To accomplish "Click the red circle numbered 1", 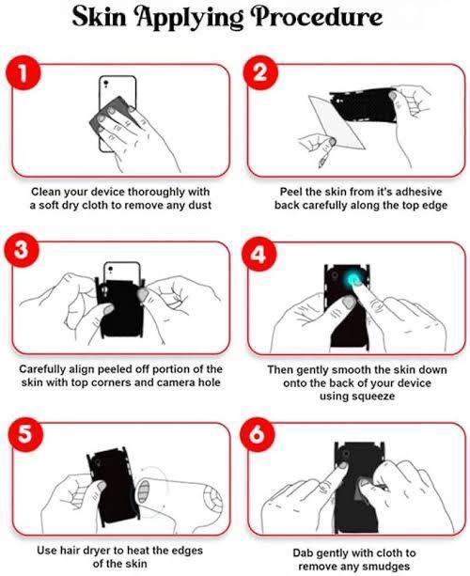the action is click(x=23, y=72).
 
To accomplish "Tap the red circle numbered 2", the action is click(x=260, y=72).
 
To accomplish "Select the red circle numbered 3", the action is click(x=21, y=250).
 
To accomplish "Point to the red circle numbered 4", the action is click(x=258, y=254).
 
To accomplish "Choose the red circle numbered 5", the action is click(x=25, y=434).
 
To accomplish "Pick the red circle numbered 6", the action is click(x=258, y=434).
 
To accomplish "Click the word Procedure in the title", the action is click(x=318, y=17).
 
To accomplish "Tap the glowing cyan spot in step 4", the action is click(x=352, y=281).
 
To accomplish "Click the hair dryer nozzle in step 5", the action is click(x=143, y=491).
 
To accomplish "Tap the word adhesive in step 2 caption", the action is click(x=418, y=192).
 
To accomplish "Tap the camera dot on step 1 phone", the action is click(x=106, y=82).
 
